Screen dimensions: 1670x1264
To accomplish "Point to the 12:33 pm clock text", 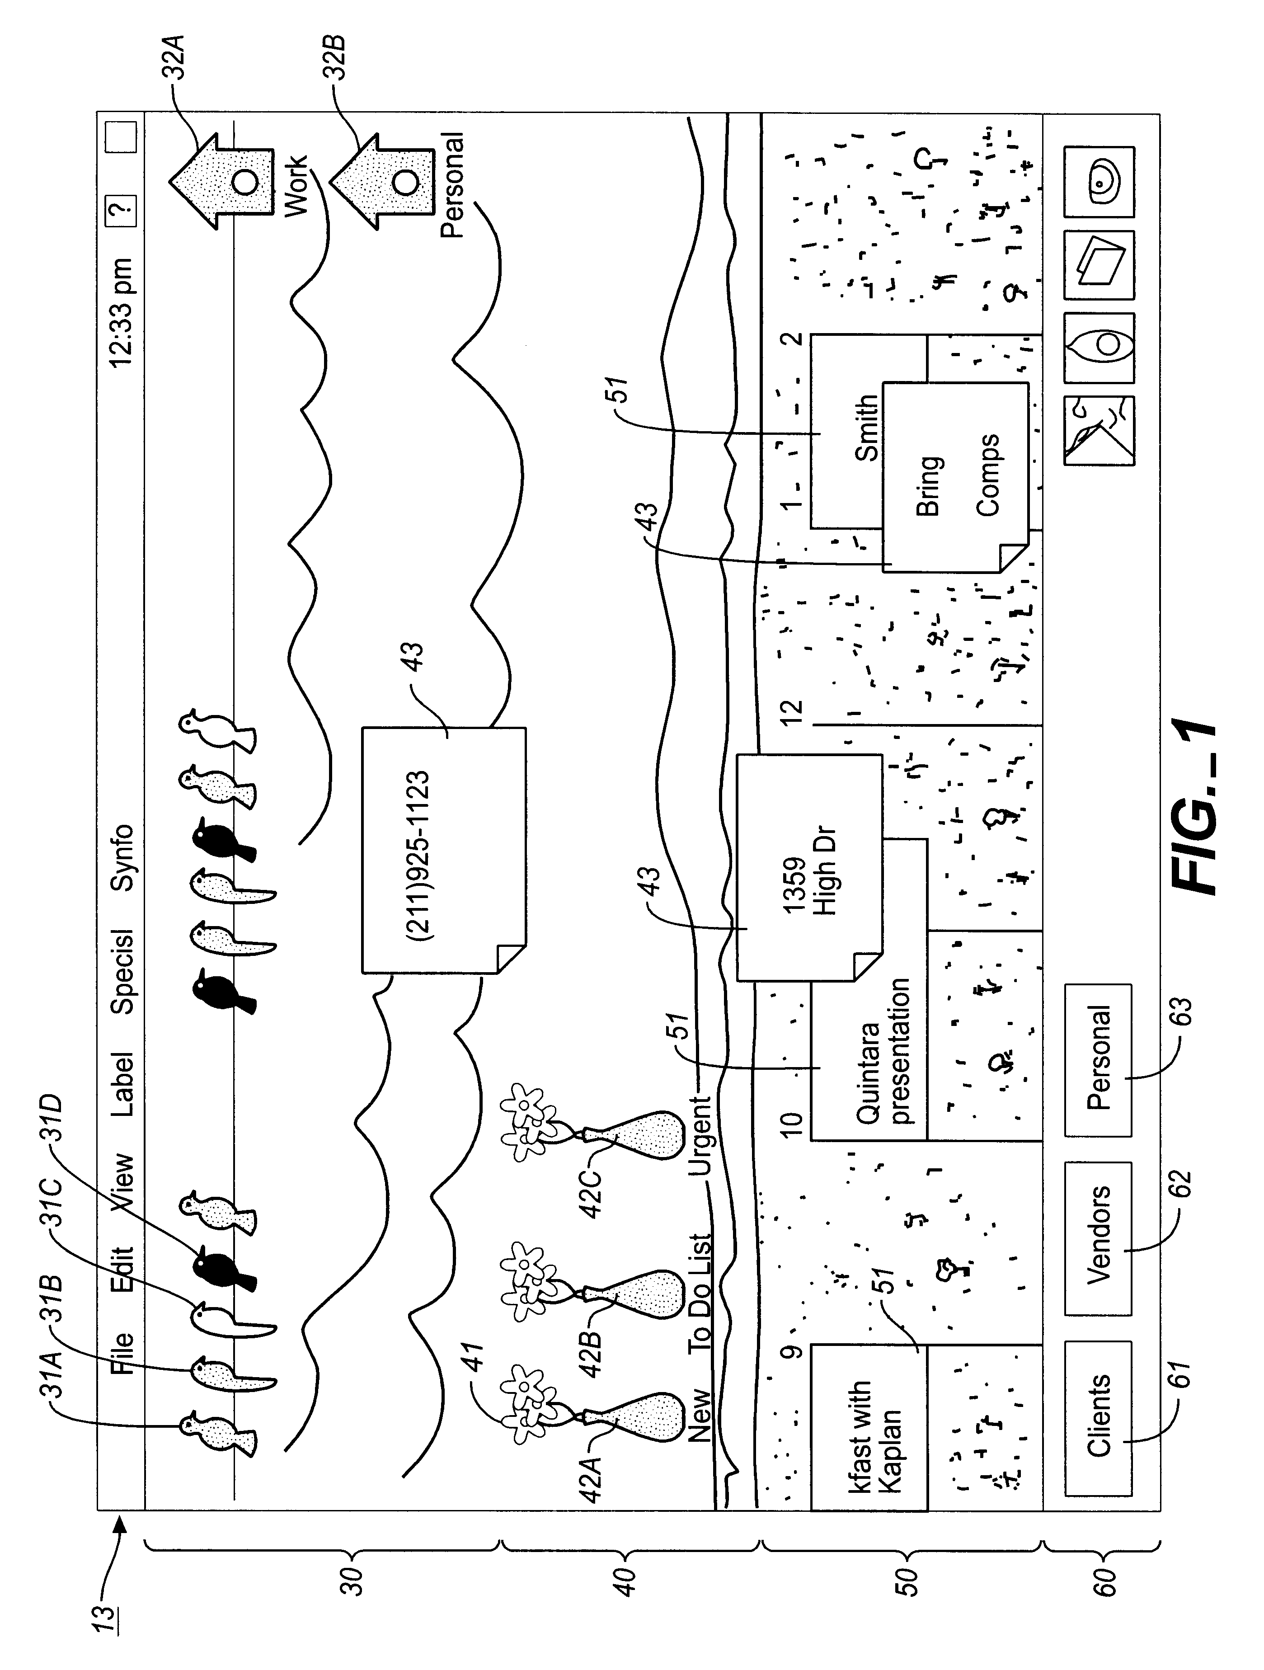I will click(x=122, y=313).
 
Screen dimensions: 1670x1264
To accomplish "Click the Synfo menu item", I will click(x=122, y=857).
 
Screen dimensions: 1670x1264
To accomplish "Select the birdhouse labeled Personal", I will click(x=381, y=181).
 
